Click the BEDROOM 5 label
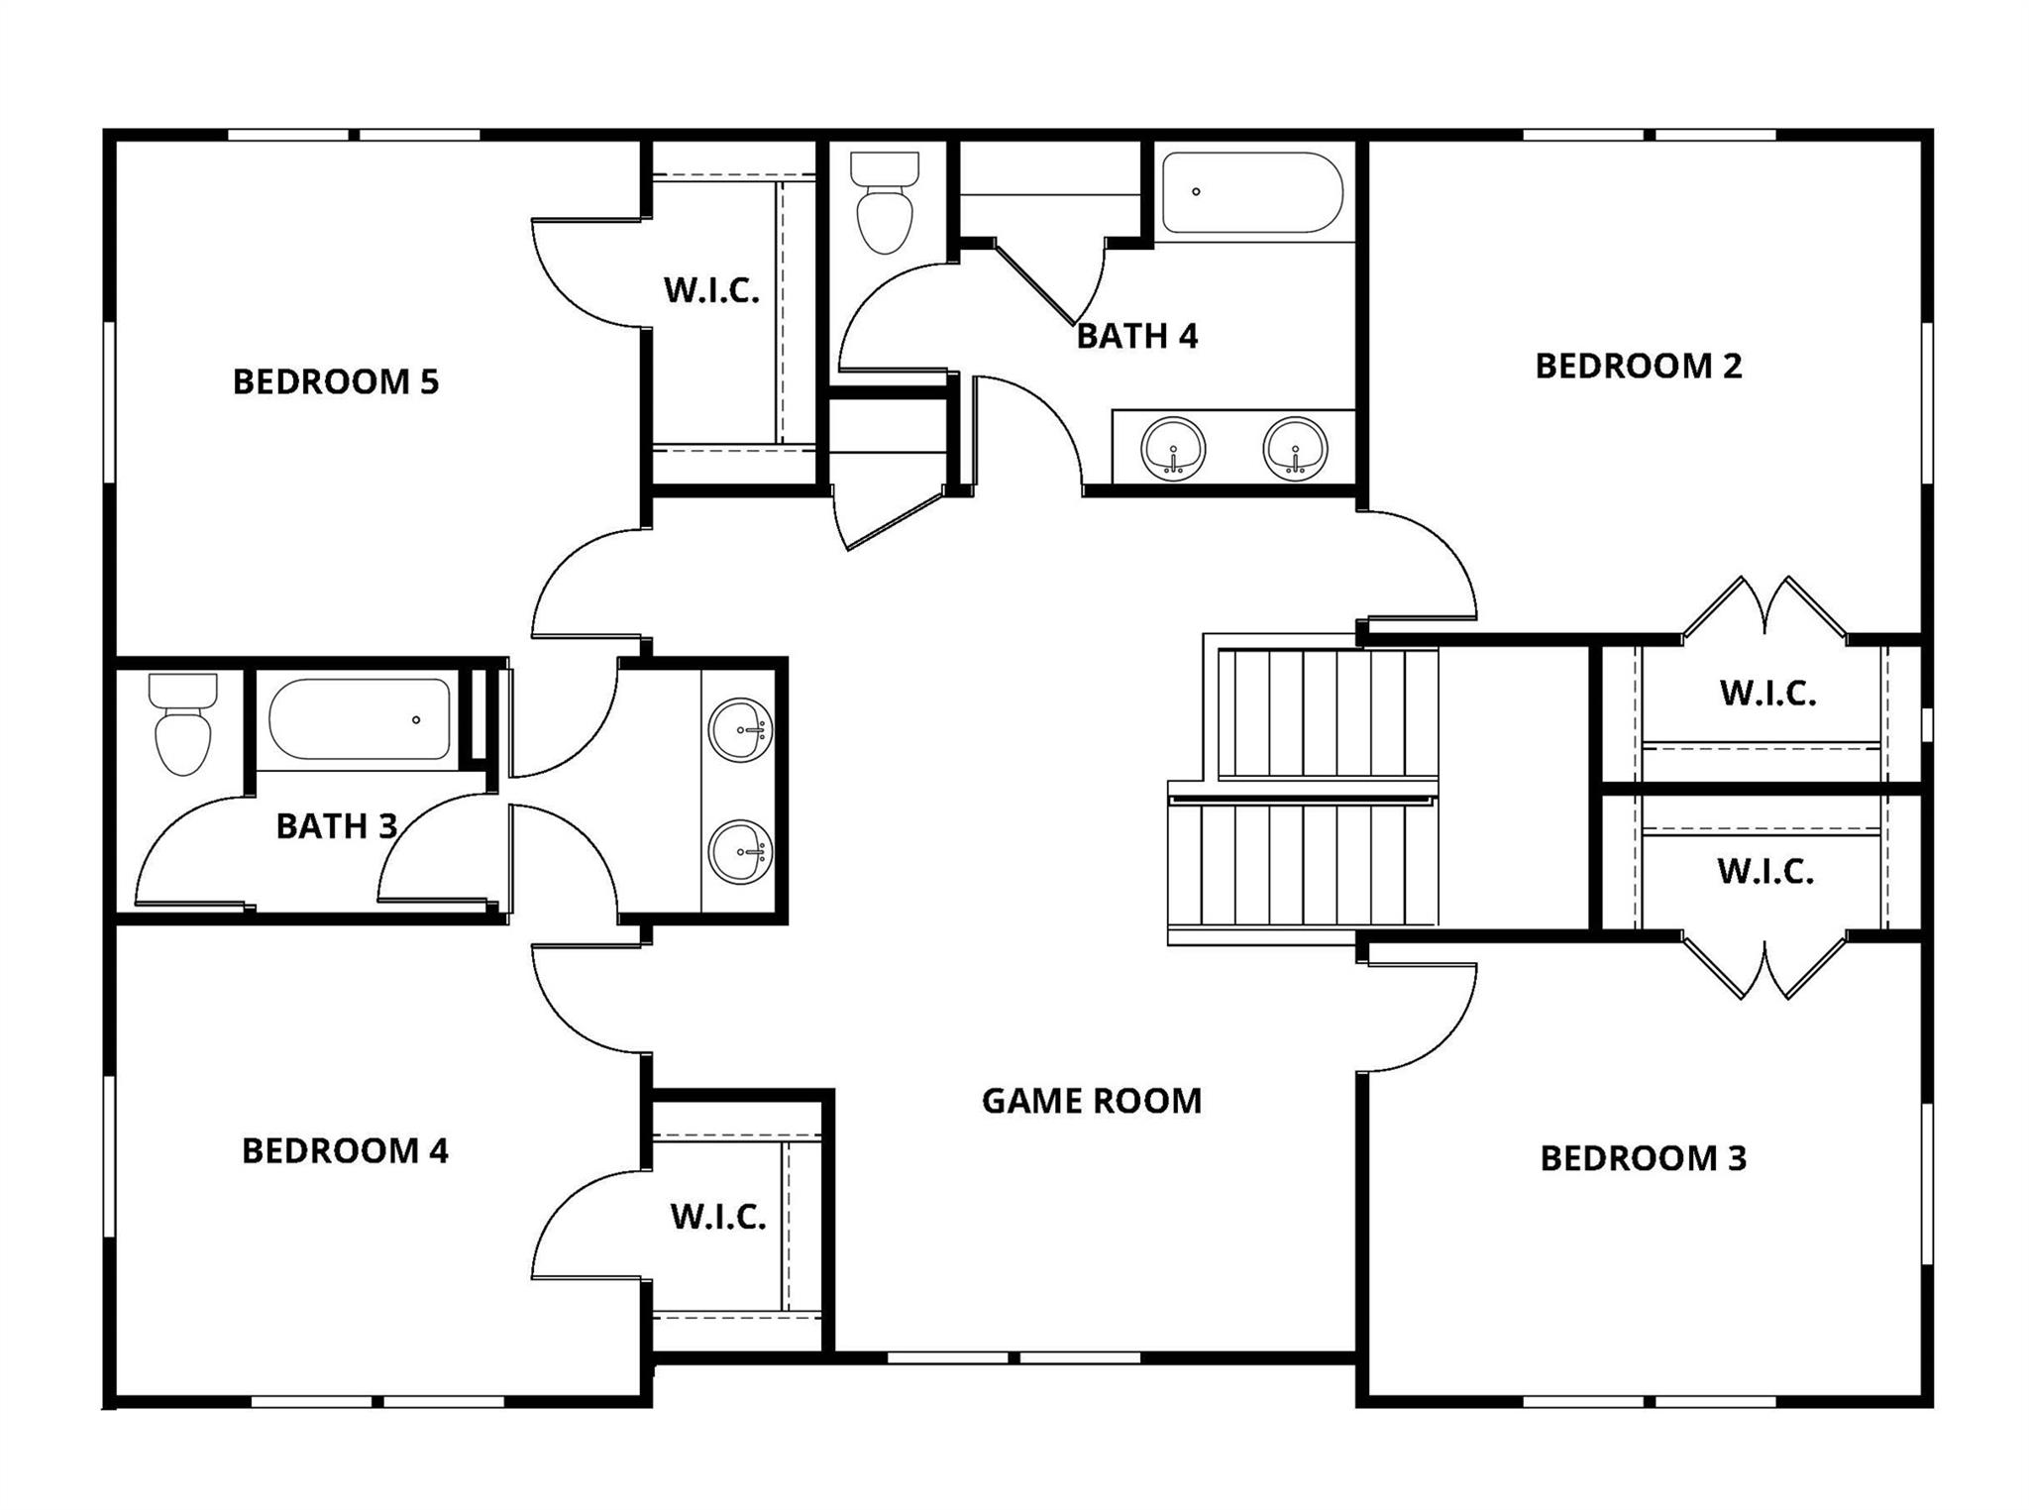(x=335, y=381)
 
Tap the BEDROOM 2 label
(x=1638, y=366)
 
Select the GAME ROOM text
(x=1091, y=1101)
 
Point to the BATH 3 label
(x=336, y=825)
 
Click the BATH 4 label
(x=1136, y=336)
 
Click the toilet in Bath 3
(x=183, y=725)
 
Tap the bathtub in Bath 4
(x=1251, y=193)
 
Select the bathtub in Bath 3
(x=359, y=719)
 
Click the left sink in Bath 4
(x=1173, y=449)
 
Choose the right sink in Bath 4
(x=1295, y=449)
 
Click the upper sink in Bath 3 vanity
(x=740, y=730)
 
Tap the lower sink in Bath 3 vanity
(x=740, y=852)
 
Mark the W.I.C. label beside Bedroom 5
(x=711, y=290)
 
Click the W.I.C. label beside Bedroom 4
(x=717, y=1217)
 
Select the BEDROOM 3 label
(x=1643, y=1158)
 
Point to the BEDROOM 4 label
(x=345, y=1150)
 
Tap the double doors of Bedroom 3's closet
(x=1764, y=968)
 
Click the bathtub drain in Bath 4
(x=1196, y=191)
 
